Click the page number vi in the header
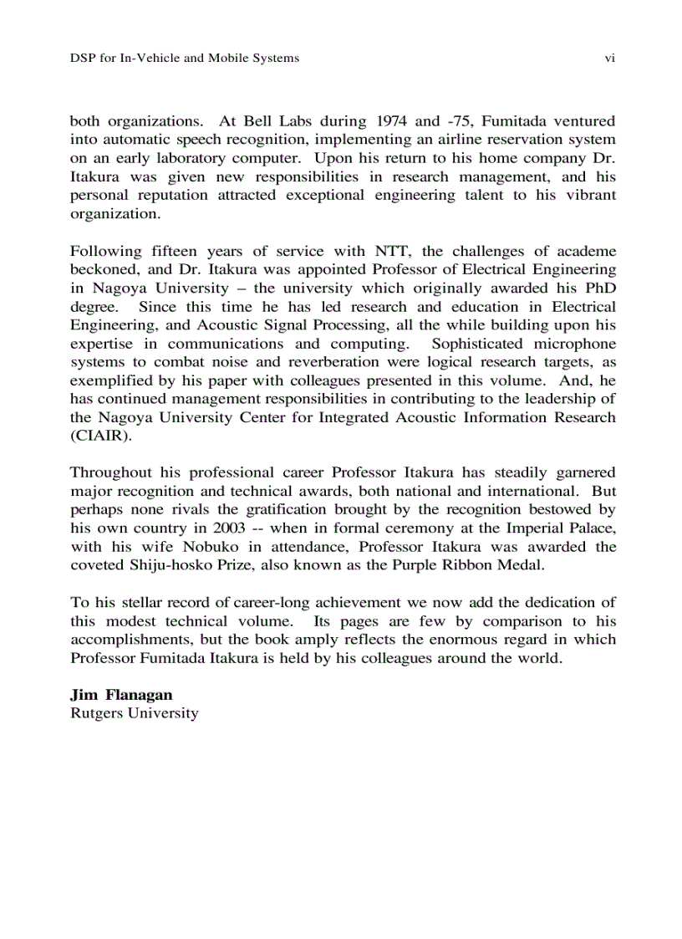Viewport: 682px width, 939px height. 609,58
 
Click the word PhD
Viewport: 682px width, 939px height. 599,288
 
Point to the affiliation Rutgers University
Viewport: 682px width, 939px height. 135,713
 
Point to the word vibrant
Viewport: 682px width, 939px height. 588,195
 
